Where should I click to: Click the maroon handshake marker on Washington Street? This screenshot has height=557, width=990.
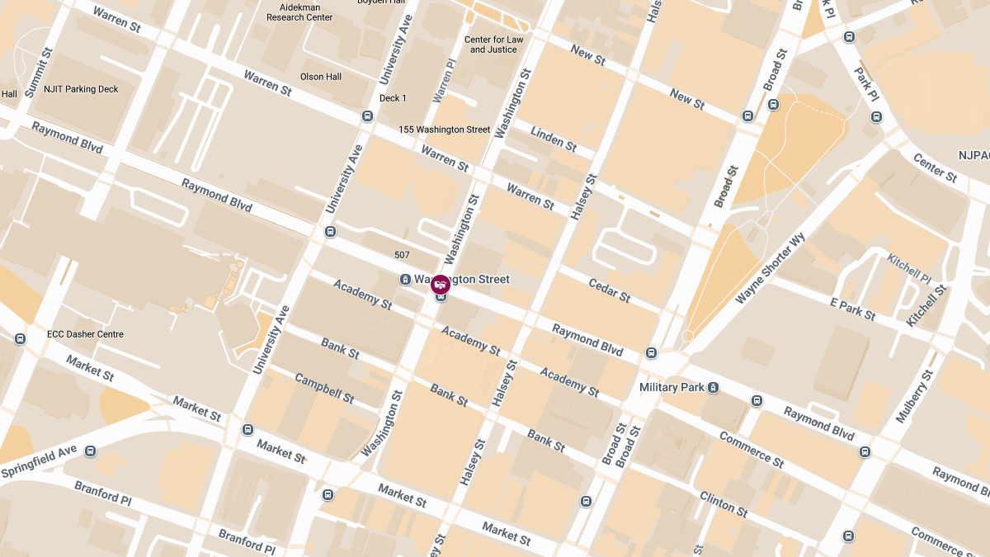441,285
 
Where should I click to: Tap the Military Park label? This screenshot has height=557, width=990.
671,387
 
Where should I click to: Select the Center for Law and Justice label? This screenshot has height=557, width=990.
493,45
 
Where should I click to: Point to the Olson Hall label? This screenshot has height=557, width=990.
321,77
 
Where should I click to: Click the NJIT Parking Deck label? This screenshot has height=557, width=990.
80,89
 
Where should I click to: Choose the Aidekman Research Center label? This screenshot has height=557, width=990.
299,12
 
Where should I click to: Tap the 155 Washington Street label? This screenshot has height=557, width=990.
444,130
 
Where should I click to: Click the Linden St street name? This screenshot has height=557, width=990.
554,139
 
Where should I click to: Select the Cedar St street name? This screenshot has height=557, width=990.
609,290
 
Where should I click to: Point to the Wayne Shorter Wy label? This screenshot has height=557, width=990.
769,269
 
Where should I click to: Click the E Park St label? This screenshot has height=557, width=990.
852,309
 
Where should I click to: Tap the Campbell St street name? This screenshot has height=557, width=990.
324,389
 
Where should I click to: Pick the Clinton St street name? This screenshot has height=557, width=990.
724,503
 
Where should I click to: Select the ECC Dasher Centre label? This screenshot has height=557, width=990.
86,334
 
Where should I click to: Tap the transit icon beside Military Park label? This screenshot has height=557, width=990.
713,387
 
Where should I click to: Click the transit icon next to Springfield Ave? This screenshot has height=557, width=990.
91,451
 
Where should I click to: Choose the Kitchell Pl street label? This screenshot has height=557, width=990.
908,267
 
